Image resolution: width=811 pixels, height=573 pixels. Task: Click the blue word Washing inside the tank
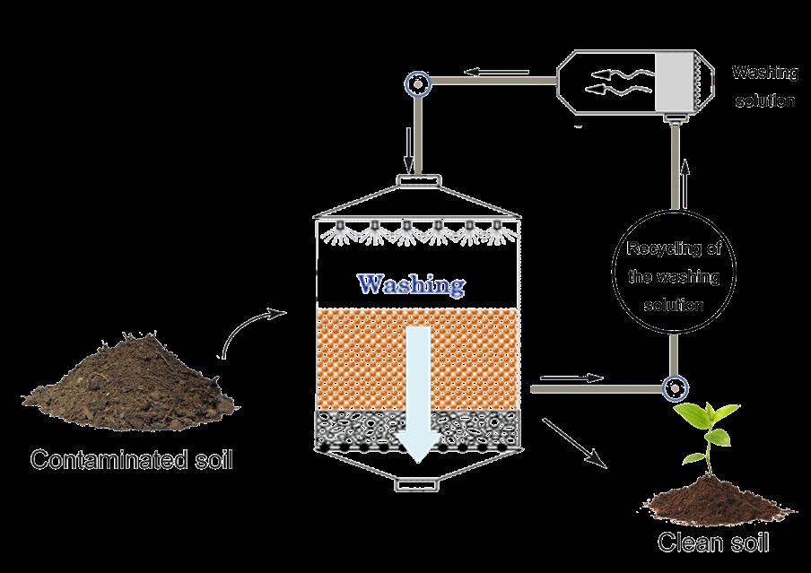click(x=411, y=285)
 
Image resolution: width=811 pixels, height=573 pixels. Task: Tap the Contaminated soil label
click(x=131, y=461)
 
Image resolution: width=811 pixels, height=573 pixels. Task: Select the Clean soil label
click(x=713, y=543)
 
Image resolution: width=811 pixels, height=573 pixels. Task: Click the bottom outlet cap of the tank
click(x=417, y=485)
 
